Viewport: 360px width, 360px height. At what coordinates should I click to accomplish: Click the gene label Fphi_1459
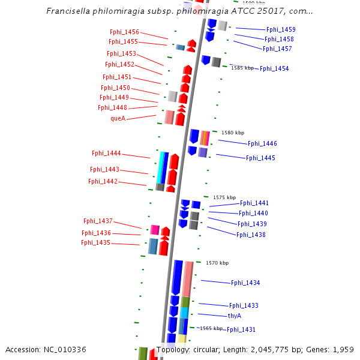281,29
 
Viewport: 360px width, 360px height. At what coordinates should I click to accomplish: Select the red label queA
118,118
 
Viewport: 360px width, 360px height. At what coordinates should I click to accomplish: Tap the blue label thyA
235,316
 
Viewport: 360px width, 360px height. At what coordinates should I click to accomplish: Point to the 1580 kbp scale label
233,133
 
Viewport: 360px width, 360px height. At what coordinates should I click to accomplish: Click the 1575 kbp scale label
224,197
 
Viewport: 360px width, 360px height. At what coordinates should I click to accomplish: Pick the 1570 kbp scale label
217,263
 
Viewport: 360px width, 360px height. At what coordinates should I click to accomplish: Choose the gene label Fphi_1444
106,153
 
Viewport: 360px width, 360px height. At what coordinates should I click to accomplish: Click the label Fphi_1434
245,283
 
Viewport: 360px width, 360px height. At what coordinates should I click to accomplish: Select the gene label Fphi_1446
262,143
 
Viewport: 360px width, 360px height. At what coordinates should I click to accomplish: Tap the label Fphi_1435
96,242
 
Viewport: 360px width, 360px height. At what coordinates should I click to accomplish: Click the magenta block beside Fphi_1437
155,229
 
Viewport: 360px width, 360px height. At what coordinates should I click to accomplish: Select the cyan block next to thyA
184,313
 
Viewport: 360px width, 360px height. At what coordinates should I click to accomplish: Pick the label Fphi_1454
274,68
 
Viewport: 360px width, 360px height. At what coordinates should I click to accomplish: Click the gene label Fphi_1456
124,32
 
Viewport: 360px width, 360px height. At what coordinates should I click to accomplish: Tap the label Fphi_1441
254,203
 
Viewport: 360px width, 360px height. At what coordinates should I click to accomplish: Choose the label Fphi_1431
241,329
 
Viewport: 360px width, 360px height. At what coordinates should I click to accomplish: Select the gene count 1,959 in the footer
343,349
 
